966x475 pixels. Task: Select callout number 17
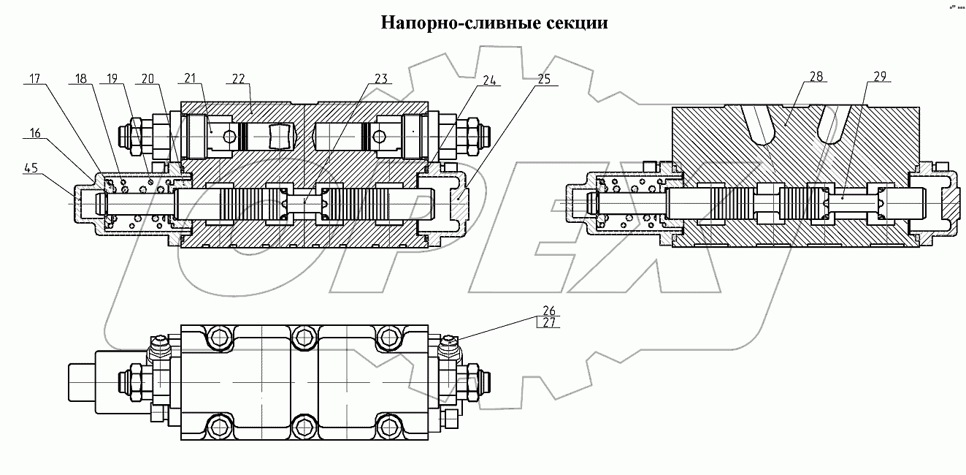(35, 77)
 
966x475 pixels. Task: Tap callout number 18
(81, 77)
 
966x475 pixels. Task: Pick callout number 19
(112, 77)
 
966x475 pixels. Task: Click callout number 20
(149, 77)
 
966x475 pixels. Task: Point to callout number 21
(191, 77)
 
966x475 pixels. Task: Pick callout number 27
(548, 322)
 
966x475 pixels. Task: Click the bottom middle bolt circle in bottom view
(303, 425)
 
